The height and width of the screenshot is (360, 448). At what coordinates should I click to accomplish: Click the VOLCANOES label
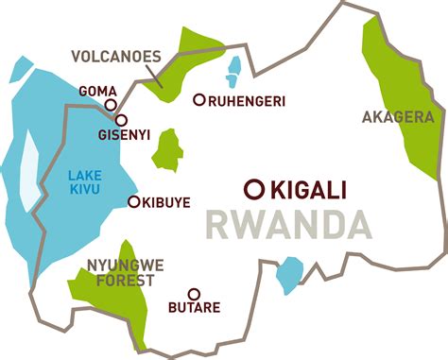(x=116, y=56)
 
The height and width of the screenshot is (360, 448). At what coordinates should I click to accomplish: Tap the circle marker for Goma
(x=111, y=106)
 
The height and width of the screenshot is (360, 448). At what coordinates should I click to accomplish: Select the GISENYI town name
(x=123, y=135)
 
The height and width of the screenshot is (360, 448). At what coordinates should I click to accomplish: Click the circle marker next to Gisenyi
(x=121, y=120)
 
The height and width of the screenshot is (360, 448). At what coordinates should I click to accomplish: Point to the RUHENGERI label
(x=247, y=100)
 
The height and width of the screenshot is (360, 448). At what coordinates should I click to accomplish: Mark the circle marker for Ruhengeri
(x=198, y=99)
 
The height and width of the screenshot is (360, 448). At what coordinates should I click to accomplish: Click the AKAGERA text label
(x=398, y=118)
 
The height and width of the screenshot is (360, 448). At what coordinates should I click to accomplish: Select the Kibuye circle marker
(x=133, y=201)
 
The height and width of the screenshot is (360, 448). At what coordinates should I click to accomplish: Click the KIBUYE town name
(x=168, y=202)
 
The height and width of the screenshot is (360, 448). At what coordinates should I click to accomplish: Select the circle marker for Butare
(x=194, y=294)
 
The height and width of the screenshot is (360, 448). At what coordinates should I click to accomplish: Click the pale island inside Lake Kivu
(x=31, y=170)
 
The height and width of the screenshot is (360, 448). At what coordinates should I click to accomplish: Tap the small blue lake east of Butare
(x=288, y=275)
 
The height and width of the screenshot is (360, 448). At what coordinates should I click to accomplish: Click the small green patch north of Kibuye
(x=168, y=149)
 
